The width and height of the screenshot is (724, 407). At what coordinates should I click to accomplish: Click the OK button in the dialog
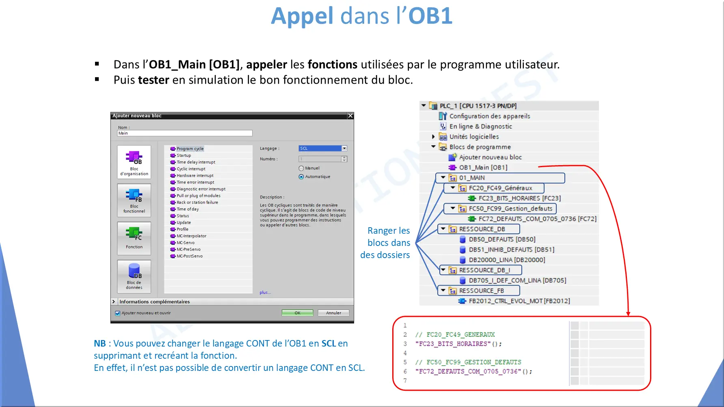point(297,313)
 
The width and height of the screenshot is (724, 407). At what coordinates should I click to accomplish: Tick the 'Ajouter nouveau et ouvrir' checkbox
point(118,313)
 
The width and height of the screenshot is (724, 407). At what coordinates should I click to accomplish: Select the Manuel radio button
point(301,168)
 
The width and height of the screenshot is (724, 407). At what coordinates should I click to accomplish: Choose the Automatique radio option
point(301,177)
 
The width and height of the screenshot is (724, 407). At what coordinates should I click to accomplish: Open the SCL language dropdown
point(344,149)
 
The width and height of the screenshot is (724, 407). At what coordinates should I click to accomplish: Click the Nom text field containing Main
point(185,133)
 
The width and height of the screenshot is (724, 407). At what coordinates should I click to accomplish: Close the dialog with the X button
point(350,116)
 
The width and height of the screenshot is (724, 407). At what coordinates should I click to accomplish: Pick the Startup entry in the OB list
point(184,155)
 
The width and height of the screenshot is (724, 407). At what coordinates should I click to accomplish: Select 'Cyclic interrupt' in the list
point(191,169)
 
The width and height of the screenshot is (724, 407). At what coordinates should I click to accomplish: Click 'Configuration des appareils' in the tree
point(489,116)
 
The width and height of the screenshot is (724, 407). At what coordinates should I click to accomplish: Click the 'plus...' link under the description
point(265,293)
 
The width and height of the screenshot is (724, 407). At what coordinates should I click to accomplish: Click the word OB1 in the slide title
point(430,16)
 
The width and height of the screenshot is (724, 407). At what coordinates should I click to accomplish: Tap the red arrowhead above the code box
point(628,313)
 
